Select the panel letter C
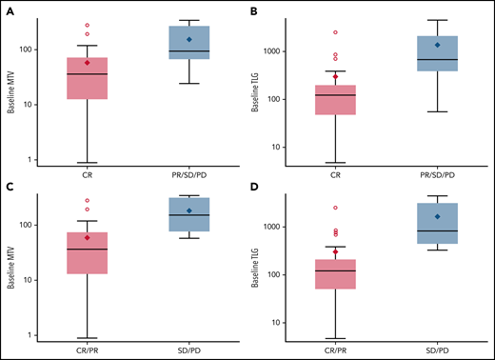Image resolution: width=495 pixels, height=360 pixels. [x=10, y=189]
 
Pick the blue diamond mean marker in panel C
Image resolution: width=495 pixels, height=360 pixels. [x=188, y=210]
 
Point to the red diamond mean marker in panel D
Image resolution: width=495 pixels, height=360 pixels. [x=335, y=252]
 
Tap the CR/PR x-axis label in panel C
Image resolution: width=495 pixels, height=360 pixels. [x=88, y=350]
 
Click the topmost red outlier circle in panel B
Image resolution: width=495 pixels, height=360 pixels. [x=335, y=32]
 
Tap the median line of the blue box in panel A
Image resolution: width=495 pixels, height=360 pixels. [x=188, y=50]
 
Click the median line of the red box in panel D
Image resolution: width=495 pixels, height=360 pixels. [x=335, y=270]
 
